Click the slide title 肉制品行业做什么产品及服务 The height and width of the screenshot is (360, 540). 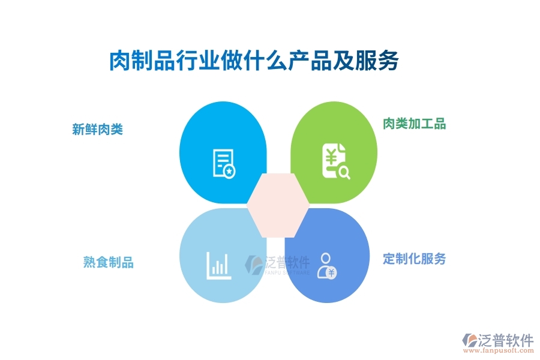[x=253, y=61]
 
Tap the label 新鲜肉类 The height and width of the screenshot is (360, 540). [x=97, y=129]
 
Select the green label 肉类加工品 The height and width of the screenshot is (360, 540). [x=415, y=124]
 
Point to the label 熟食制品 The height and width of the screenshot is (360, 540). [x=108, y=262]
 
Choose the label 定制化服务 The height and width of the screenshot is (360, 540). [x=415, y=259]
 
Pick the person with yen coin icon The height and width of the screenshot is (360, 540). [x=327, y=266]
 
